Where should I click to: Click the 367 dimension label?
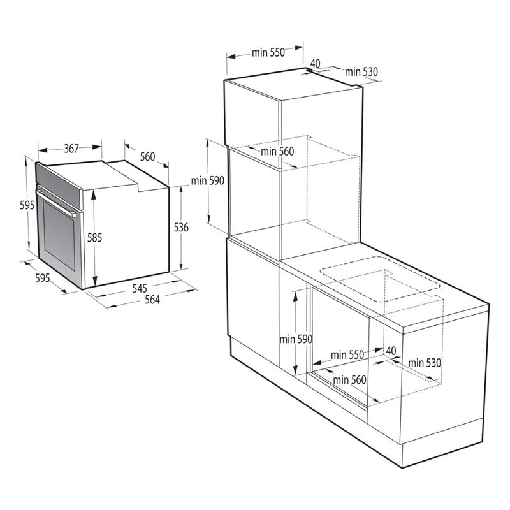(x=71, y=149)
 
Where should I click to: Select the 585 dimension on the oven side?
(x=94, y=238)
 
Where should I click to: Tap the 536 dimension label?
(x=181, y=228)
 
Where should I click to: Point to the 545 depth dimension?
(x=139, y=288)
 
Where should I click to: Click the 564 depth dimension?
(x=152, y=300)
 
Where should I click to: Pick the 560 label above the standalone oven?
(x=147, y=157)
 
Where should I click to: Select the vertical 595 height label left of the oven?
(x=27, y=205)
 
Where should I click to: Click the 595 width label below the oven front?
(x=42, y=278)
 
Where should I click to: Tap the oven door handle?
(x=56, y=204)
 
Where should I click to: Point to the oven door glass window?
(x=59, y=235)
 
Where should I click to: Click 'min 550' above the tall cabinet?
(x=268, y=52)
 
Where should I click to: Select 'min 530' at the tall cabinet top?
(x=361, y=71)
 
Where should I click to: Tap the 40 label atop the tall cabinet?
(x=315, y=63)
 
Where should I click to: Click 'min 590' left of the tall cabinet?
(x=208, y=180)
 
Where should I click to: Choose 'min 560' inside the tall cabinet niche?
(x=277, y=151)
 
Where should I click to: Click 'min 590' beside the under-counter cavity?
(x=296, y=339)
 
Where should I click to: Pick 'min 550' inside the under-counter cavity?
(x=347, y=354)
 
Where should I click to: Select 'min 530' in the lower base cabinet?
(x=425, y=363)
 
